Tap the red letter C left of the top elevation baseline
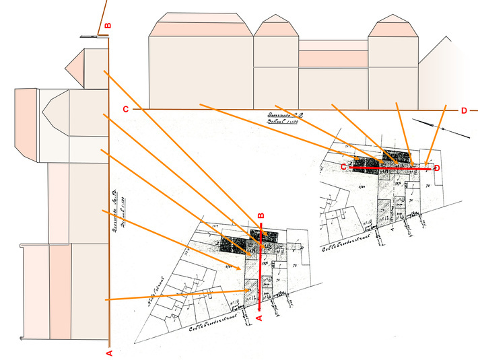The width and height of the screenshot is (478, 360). point(125,109)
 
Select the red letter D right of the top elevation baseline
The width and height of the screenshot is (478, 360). point(464,110)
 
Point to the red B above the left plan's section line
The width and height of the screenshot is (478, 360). point(261,216)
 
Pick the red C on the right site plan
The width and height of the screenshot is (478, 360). point(343,166)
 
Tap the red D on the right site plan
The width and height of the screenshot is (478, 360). point(437,168)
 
